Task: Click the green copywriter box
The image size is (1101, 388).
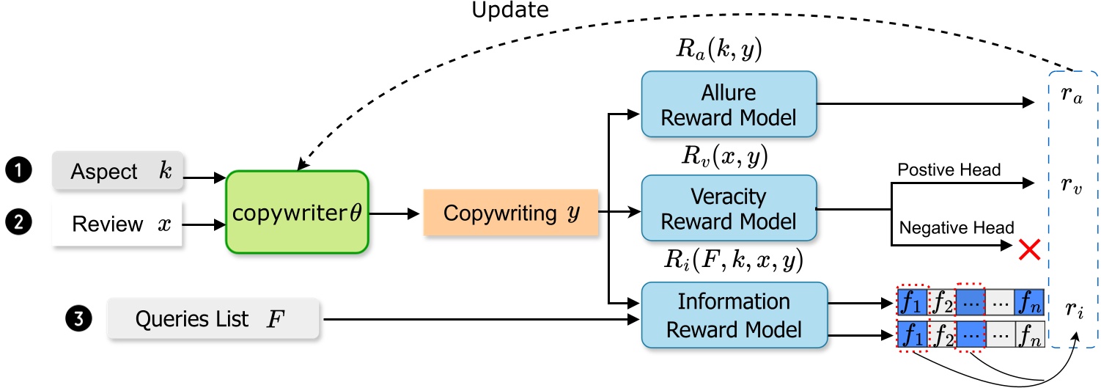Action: tap(296, 212)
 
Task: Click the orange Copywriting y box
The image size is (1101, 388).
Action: tap(511, 213)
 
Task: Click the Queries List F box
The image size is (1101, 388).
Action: tap(213, 319)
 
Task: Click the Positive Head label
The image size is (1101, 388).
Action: tap(948, 171)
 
